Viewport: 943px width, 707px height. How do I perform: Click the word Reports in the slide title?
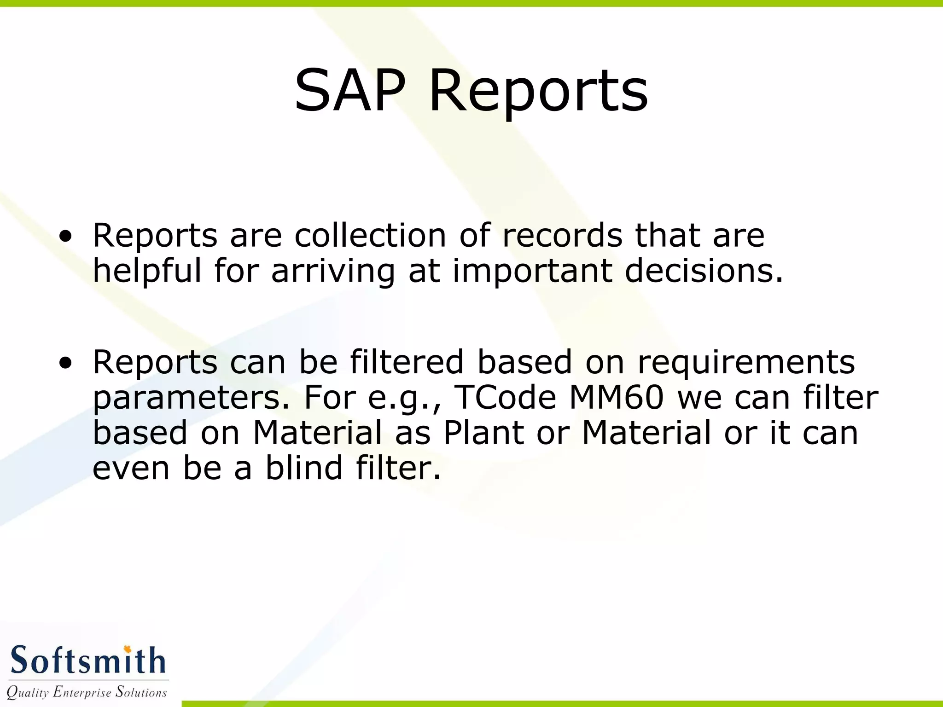click(538, 91)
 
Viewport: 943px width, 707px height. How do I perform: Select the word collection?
click(370, 235)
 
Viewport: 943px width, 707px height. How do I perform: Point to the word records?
click(562, 235)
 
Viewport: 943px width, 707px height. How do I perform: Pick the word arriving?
click(332, 272)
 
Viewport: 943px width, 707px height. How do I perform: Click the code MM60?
click(617, 397)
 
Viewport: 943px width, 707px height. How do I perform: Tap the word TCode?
click(506, 397)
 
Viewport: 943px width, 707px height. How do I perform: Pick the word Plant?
click(483, 433)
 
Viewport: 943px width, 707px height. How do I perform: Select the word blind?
click(304, 468)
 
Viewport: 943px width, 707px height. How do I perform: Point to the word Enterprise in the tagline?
click(82, 692)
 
